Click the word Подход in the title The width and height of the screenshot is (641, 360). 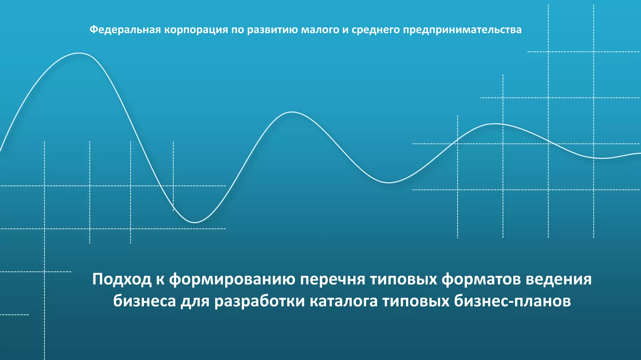(x=122, y=279)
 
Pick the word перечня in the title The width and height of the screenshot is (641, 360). (x=333, y=279)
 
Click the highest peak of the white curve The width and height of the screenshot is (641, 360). (x=79, y=53)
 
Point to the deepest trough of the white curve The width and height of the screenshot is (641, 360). (x=195, y=222)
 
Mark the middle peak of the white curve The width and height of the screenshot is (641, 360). (x=292, y=112)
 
